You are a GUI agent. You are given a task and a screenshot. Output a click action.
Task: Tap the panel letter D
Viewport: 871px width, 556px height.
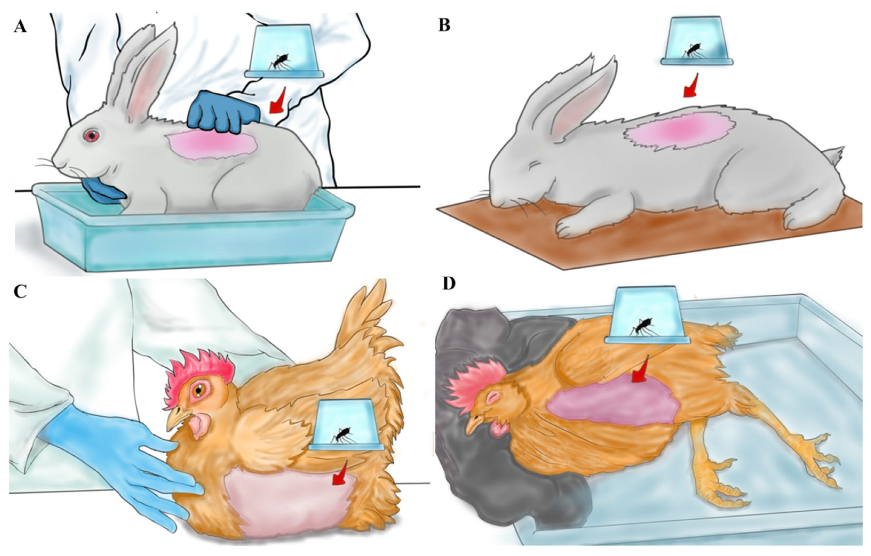pos(450,285)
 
